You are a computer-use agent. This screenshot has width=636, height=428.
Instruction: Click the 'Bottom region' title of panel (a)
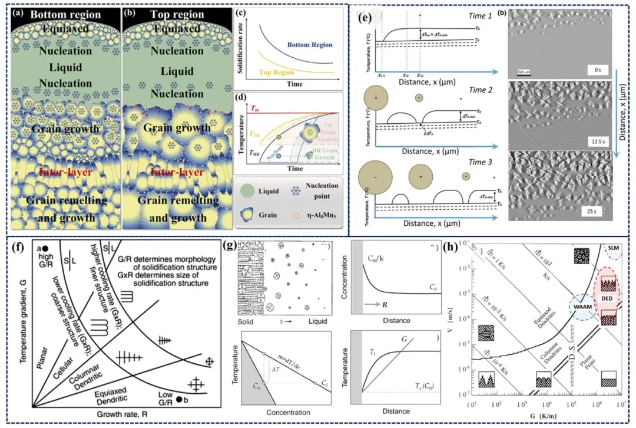(64, 14)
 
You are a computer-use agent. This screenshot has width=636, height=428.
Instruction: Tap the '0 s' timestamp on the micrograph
(598, 70)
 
